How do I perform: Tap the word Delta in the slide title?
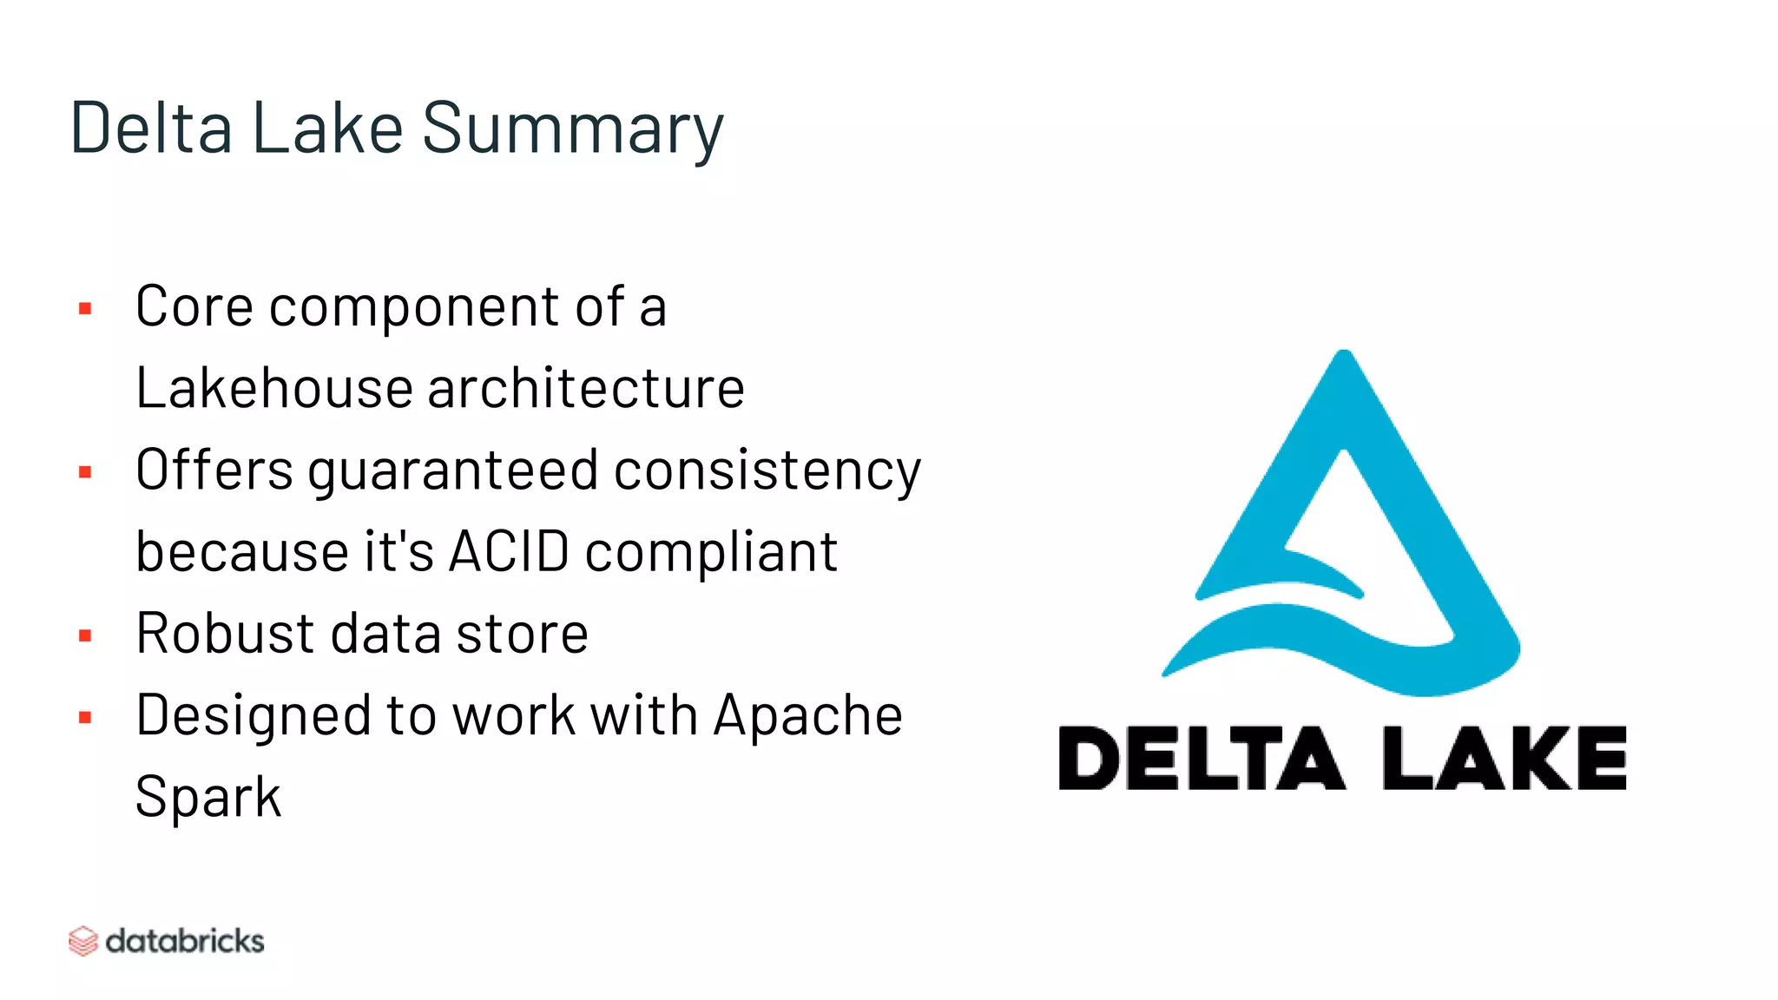tap(151, 128)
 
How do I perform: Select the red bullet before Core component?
tap(85, 308)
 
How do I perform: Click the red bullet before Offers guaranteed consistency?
tap(85, 472)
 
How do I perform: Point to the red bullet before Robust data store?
tap(85, 635)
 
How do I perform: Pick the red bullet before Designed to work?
tap(85, 717)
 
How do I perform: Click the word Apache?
tap(807, 717)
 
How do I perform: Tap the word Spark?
tap(208, 798)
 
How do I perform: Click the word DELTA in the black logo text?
tap(1202, 759)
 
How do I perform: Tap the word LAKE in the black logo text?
tap(1504, 759)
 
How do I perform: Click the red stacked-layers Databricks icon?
tap(82, 941)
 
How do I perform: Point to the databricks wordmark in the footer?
tap(185, 941)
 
